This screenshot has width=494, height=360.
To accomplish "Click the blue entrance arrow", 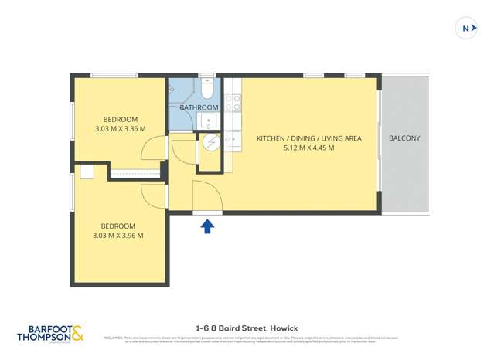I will tap(207, 226).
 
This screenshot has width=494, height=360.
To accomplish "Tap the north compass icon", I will tap(466, 29).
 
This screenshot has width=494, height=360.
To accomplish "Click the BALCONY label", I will tap(404, 138).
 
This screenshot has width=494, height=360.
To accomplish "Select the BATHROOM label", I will tap(199, 107).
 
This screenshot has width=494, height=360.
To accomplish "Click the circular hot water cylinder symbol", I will tap(210, 144).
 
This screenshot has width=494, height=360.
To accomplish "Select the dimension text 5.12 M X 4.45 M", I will tap(308, 148).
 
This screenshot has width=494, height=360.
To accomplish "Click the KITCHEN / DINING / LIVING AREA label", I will tap(308, 138).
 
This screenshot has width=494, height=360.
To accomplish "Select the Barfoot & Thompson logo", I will tap(50, 333).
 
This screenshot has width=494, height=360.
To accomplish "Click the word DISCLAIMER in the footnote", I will tap(114, 338).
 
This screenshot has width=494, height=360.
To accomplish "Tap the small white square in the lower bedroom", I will tap(87, 172).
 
